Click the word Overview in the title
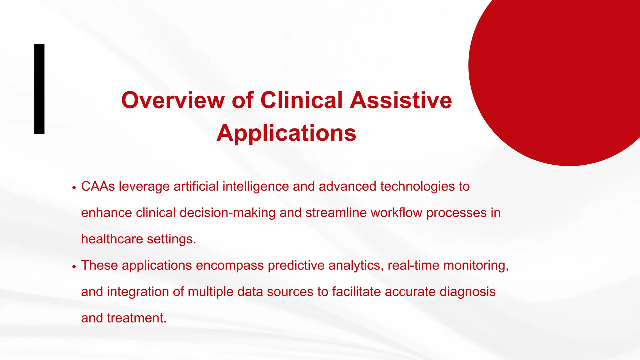[173, 100]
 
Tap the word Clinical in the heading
[301, 100]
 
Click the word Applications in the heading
[286, 133]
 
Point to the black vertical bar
[39, 89]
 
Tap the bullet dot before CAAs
[74, 188]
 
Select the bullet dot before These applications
[74, 267]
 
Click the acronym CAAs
[98, 187]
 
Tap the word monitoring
[476, 265]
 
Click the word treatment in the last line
[137, 318]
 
